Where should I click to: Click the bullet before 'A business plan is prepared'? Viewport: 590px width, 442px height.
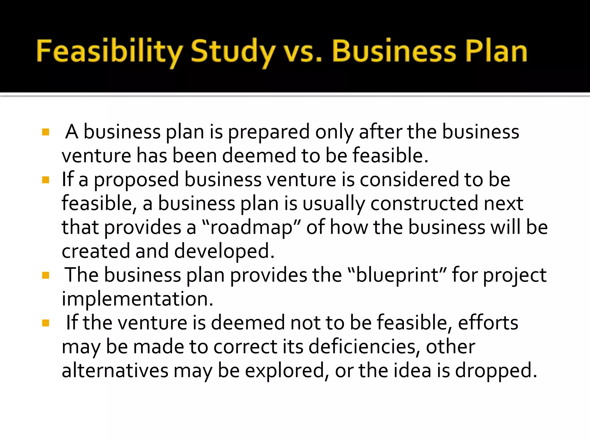pos(46,132)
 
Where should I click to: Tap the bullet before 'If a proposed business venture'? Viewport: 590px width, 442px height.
pos(46,180)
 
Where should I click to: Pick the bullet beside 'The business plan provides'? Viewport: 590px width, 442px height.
pos(46,276)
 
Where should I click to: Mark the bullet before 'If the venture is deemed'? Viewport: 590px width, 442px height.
pos(46,323)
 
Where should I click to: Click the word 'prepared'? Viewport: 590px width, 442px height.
pos(269,132)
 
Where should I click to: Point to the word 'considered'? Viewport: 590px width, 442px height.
pos(409,180)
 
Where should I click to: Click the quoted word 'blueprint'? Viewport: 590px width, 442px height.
pos(398,275)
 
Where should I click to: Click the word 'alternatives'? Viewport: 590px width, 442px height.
pos(115,371)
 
